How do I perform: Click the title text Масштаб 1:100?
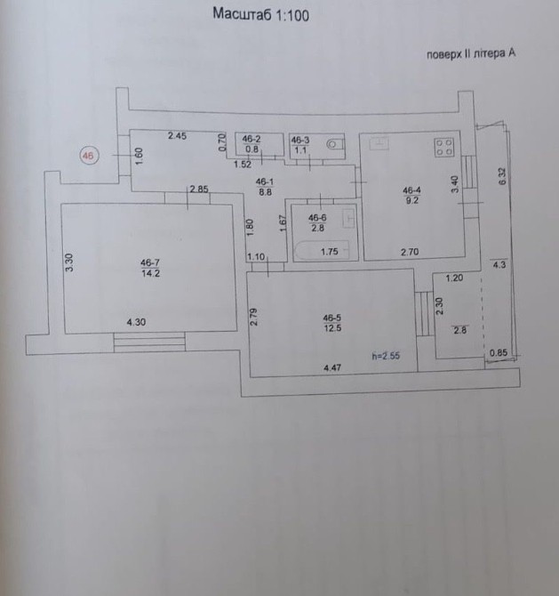pyautogui.click(x=260, y=14)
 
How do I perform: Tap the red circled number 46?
pyautogui.click(x=89, y=156)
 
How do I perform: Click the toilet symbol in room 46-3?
pyautogui.click(x=336, y=144)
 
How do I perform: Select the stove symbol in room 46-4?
pyautogui.click(x=444, y=148)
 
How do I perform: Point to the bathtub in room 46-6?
pyautogui.click(x=322, y=251)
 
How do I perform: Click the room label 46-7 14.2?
pyautogui.click(x=150, y=268)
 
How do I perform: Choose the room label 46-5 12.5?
pyautogui.click(x=332, y=323)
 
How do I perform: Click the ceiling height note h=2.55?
pyautogui.click(x=386, y=356)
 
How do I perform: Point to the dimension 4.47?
pyautogui.click(x=332, y=367)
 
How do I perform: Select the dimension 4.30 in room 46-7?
pyautogui.click(x=136, y=322)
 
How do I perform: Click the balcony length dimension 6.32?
pyautogui.click(x=502, y=176)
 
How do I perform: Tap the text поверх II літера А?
pyautogui.click(x=471, y=53)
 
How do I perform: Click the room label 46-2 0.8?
pyautogui.click(x=252, y=144)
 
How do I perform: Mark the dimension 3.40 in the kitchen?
pyautogui.click(x=455, y=184)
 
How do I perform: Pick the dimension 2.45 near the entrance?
pyautogui.click(x=178, y=136)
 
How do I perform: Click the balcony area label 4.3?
pyautogui.click(x=499, y=264)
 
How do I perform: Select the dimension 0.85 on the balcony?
pyautogui.click(x=499, y=353)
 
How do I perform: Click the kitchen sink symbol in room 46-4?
pyautogui.click(x=379, y=143)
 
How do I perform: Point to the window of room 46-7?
pyautogui.click(x=149, y=342)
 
